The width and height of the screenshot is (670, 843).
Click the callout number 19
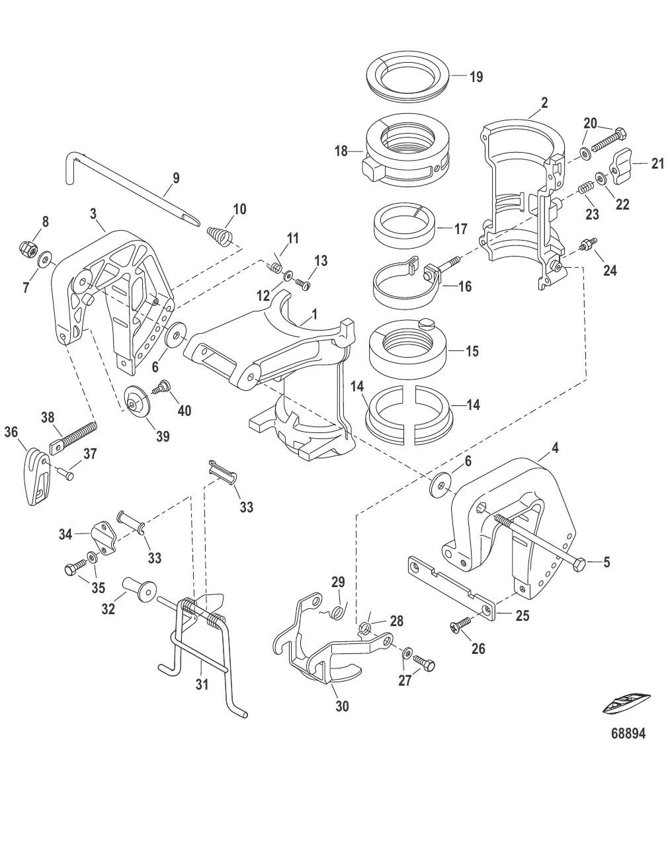point(476,77)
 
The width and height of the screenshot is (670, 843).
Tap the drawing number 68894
point(627,733)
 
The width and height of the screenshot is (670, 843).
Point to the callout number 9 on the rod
point(175,178)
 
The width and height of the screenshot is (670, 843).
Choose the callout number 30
point(342,706)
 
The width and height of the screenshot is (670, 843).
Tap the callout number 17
point(460,229)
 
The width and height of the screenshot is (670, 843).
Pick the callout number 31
point(202,684)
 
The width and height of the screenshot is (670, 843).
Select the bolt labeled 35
point(74,567)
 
